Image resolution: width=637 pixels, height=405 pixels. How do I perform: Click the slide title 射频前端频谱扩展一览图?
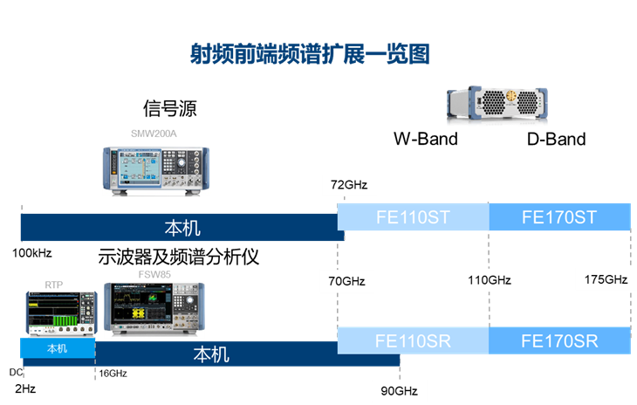310,54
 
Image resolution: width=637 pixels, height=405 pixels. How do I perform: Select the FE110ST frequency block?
413,216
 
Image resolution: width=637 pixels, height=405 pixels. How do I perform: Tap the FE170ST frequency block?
559,216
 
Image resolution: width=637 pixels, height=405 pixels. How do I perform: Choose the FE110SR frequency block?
413,340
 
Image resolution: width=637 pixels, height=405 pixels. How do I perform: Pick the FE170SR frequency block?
559,340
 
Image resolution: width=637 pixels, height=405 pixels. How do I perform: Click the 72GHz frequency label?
349,185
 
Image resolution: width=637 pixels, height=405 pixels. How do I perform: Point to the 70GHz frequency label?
347,281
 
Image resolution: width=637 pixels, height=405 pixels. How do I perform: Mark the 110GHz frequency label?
490,281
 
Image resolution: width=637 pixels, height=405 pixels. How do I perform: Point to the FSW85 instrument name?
154,274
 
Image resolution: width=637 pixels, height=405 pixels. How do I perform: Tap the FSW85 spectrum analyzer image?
154,310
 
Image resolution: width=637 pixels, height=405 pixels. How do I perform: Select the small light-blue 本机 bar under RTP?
57,348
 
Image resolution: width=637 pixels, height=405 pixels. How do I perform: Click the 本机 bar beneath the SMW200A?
182,228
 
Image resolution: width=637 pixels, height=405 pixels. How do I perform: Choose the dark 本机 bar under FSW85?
209,354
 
